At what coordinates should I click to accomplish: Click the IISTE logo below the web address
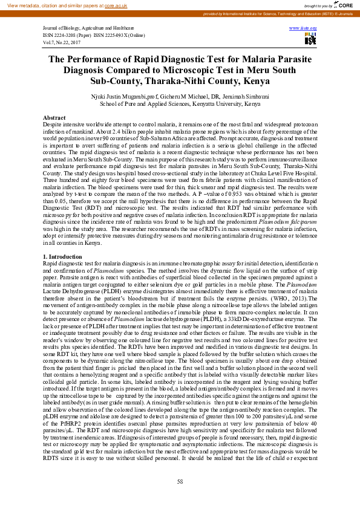[310, 39]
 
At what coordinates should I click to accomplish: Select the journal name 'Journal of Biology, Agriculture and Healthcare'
[88, 28]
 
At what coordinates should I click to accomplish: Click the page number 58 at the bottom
[180, 481]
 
